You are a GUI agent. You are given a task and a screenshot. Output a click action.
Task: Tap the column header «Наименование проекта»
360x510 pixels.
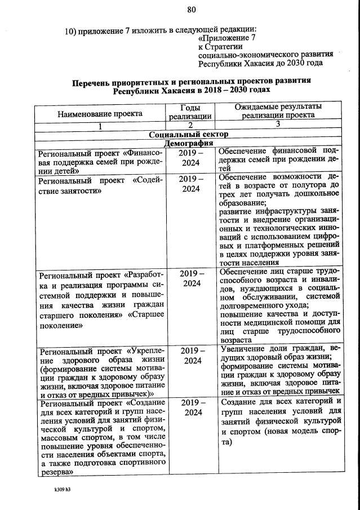100,113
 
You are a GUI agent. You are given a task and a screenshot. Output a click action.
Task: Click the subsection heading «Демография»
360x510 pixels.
189,143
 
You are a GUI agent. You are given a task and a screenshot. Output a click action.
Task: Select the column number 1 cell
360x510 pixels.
100,126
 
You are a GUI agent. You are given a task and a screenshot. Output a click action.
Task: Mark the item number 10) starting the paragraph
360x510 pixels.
71,29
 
